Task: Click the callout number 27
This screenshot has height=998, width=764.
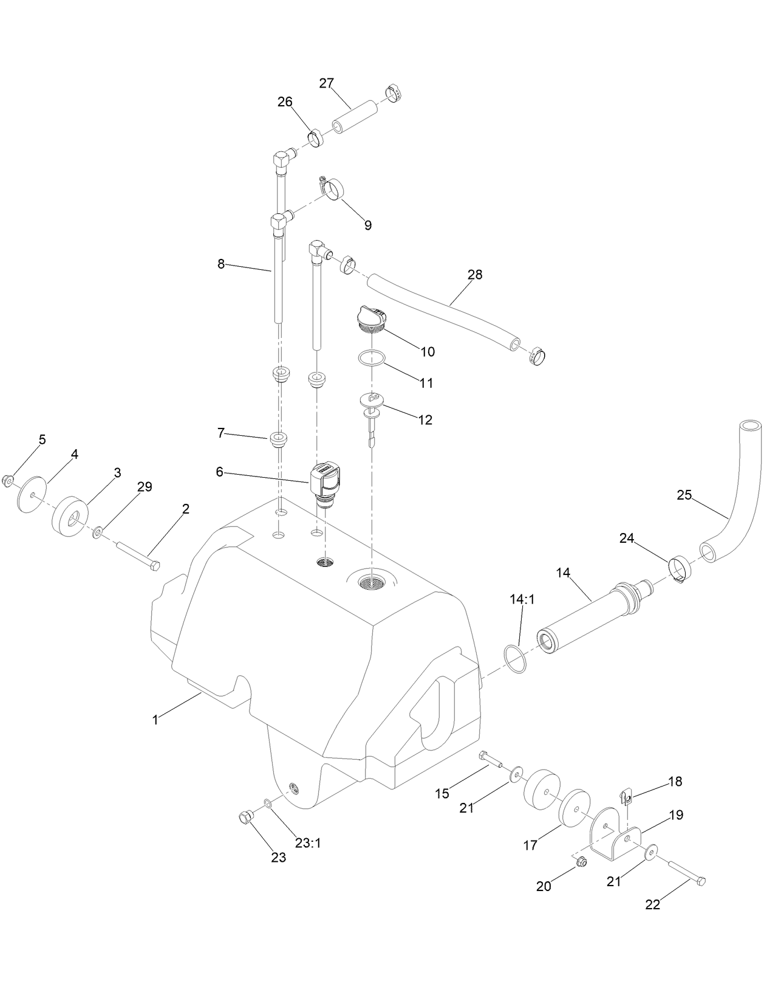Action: click(x=327, y=83)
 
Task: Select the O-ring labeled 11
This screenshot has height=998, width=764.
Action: click(x=370, y=358)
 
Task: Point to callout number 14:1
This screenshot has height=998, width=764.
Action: click(x=521, y=599)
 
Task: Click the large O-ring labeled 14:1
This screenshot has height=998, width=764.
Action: click(x=514, y=659)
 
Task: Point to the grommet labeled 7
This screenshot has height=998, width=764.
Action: click(x=279, y=438)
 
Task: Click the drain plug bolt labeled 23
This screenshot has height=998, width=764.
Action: click(x=247, y=818)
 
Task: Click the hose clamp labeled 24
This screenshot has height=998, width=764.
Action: click(x=680, y=568)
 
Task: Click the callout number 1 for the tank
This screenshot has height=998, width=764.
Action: click(x=155, y=720)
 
